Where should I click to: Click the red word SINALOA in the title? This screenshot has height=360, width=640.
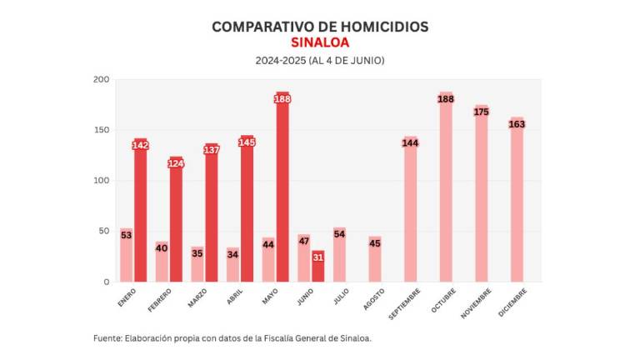pyautogui.click(x=320, y=42)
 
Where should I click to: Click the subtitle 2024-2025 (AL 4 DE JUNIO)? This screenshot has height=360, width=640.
pyautogui.click(x=320, y=61)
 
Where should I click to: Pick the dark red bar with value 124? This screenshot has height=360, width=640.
pyautogui.click(x=176, y=221)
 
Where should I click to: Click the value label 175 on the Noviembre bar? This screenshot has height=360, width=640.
pyautogui.click(x=482, y=112)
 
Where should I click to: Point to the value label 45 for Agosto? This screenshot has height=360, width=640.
pyautogui.click(x=375, y=243)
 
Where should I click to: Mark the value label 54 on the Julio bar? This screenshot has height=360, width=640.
pyautogui.click(x=339, y=234)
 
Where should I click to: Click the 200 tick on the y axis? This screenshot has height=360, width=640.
pyautogui.click(x=101, y=80)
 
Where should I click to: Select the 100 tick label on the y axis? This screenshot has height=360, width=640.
pyautogui.click(x=101, y=181)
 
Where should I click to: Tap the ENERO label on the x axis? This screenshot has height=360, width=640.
pyautogui.click(x=127, y=297)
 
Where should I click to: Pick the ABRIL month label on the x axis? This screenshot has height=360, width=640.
pyautogui.click(x=234, y=297)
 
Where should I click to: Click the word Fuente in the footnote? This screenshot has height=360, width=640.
pyautogui.click(x=107, y=338)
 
